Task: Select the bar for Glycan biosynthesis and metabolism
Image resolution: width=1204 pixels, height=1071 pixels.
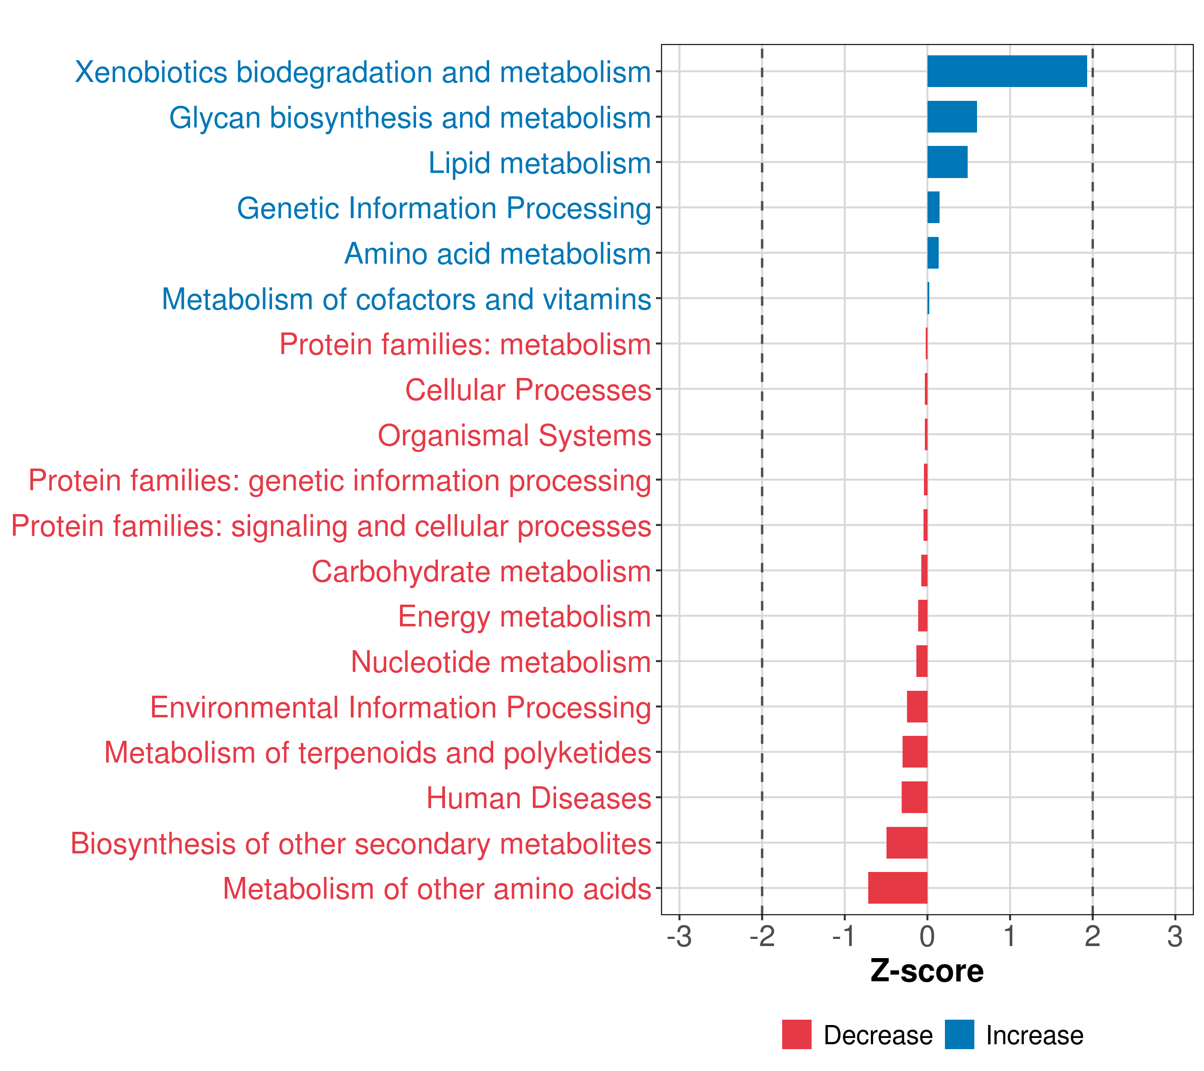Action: pos(952,117)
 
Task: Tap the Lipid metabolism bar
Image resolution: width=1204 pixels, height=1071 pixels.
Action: pos(947,162)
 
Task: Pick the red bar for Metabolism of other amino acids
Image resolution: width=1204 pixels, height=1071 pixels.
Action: pos(898,888)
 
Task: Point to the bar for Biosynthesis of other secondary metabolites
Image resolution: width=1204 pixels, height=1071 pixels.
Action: pos(907,843)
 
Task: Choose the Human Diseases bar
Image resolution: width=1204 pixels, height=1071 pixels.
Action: pos(914,797)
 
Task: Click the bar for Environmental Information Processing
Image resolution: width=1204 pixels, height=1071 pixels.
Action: pos(917,706)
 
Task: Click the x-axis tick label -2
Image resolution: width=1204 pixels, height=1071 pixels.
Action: pos(762,937)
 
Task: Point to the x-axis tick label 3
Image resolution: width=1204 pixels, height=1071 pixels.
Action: pos(1175,937)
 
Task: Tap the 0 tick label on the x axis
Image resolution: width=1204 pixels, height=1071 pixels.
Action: pos(927,937)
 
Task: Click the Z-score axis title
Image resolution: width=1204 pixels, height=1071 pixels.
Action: pos(927,971)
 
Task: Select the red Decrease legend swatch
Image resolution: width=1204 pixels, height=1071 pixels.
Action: pos(796,1034)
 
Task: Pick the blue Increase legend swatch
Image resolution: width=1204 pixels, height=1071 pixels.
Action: pos(959,1034)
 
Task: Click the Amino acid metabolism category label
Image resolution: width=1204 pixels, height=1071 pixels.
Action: pos(498,254)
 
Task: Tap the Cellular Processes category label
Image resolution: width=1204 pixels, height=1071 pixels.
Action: pos(528,390)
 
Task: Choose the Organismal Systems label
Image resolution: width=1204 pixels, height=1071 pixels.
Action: pos(514,436)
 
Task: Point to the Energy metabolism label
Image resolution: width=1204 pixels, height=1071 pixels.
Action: pos(524,617)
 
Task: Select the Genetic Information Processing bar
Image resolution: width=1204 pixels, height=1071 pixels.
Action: pos(933,208)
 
